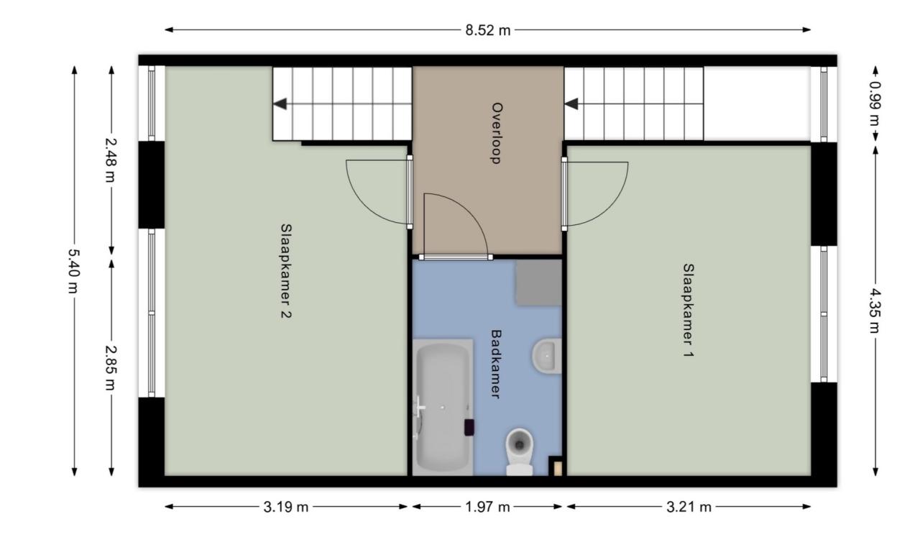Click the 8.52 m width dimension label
click(x=487, y=30)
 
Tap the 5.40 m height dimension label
click(x=73, y=272)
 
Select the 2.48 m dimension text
click(x=111, y=160)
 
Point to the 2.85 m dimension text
click(x=111, y=367)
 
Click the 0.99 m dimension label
click(x=875, y=104)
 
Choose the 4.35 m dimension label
click(x=875, y=311)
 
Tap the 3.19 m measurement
click(x=286, y=508)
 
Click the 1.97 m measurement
click(x=487, y=508)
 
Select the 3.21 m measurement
click(x=689, y=508)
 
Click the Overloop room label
click(x=497, y=133)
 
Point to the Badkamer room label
click(x=496, y=364)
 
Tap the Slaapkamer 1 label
click(x=689, y=310)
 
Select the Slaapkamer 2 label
click(x=286, y=271)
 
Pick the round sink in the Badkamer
click(x=547, y=356)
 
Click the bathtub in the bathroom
click(x=443, y=407)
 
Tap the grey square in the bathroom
click(x=538, y=283)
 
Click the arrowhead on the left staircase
click(x=280, y=104)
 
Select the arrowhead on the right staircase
click(x=571, y=104)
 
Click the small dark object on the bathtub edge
click(x=469, y=427)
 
